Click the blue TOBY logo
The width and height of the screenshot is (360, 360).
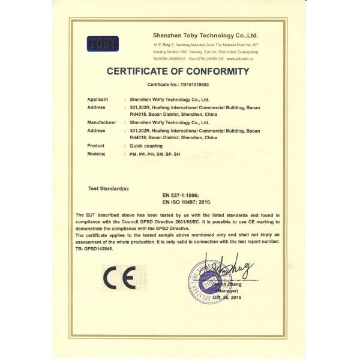103,43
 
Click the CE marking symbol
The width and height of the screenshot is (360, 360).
120,277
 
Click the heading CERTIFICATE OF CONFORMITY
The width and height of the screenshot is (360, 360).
178,71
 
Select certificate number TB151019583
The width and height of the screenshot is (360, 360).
191,85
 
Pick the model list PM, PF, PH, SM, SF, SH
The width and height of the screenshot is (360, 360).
154,154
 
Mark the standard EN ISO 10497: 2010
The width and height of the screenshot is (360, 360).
188,205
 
